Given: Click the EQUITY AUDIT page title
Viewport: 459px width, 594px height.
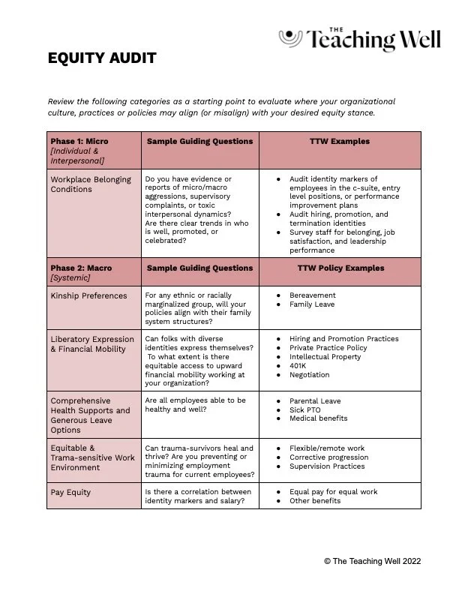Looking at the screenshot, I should tap(102, 58).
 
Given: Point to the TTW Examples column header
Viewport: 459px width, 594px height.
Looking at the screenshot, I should tap(340, 141).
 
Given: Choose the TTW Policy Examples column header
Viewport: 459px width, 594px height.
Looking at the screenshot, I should tap(340, 268).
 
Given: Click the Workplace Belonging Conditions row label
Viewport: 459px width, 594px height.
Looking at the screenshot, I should tap(91, 184).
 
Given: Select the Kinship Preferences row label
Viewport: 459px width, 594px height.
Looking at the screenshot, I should tap(88, 295).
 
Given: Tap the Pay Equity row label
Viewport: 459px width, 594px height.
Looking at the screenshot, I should tap(70, 492).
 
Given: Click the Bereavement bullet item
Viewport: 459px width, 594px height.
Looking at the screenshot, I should tap(313, 295).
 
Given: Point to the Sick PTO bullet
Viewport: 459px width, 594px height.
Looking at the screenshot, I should tap(305, 410).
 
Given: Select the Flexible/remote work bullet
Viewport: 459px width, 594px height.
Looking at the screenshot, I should tap(327, 448).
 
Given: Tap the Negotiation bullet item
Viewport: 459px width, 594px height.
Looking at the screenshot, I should tap(309, 375).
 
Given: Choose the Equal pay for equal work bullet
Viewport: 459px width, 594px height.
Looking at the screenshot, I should tap(333, 492).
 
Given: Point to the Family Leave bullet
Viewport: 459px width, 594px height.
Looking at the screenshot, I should tap(313, 304).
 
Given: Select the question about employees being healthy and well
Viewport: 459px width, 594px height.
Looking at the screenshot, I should tap(195, 405).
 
